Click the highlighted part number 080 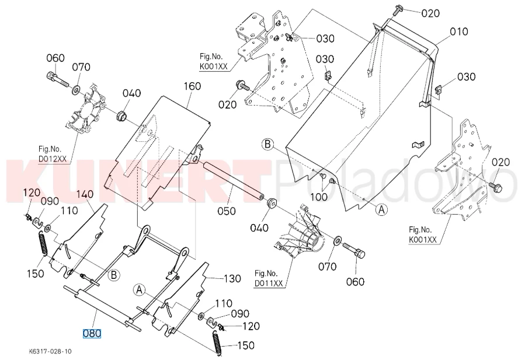[x=92, y=333]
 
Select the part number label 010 [x=458, y=32]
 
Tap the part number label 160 [x=192, y=86]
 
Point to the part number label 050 [x=227, y=211]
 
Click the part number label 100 [x=319, y=197]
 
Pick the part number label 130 [x=232, y=278]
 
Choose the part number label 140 [x=85, y=194]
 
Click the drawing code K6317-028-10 [x=50, y=351]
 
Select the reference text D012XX [x=53, y=159]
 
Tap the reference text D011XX [x=269, y=284]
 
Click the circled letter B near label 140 [x=114, y=275]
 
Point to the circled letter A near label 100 [x=381, y=210]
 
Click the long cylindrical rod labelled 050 [x=233, y=181]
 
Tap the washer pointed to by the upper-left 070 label [x=76, y=89]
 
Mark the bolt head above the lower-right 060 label [x=360, y=253]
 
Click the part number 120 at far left [x=32, y=193]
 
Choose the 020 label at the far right [x=501, y=162]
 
